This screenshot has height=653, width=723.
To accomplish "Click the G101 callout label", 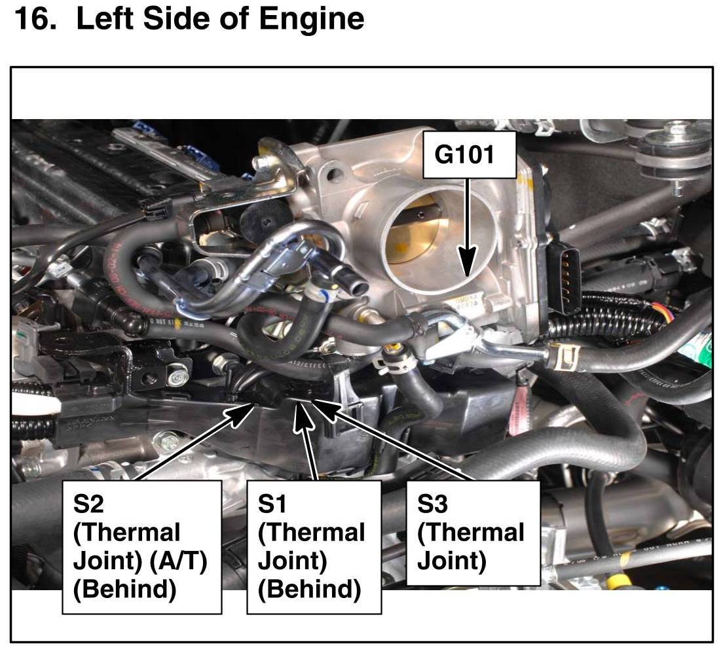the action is pyautogui.click(x=465, y=156).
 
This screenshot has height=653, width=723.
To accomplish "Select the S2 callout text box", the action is pyautogui.click(x=141, y=547).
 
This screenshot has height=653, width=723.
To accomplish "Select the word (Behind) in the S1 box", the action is pyautogui.click(x=309, y=590).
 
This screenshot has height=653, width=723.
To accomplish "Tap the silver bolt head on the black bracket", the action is pyautogui.click(x=174, y=378).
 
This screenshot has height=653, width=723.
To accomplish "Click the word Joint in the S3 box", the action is pyautogui.click(x=442, y=561).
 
